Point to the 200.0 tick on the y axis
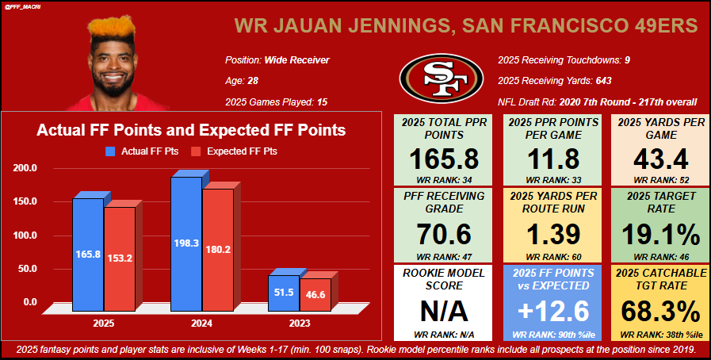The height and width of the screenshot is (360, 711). click(x=25, y=168)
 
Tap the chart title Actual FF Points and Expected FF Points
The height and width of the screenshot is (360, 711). click(x=192, y=129)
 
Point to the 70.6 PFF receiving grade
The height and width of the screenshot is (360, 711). click(x=444, y=234)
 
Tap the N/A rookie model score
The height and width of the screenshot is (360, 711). click(x=444, y=307)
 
